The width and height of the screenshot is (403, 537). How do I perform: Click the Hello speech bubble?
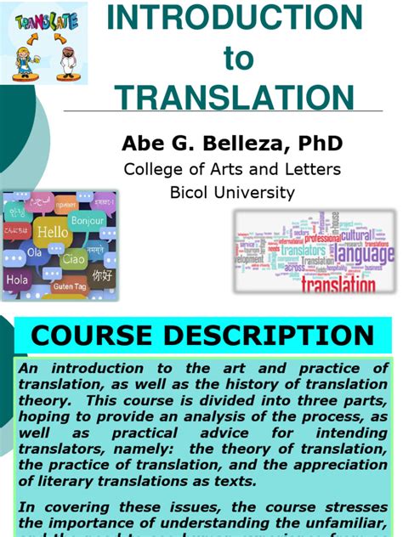[x=52, y=231]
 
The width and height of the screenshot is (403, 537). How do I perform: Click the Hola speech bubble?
[x=17, y=277]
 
